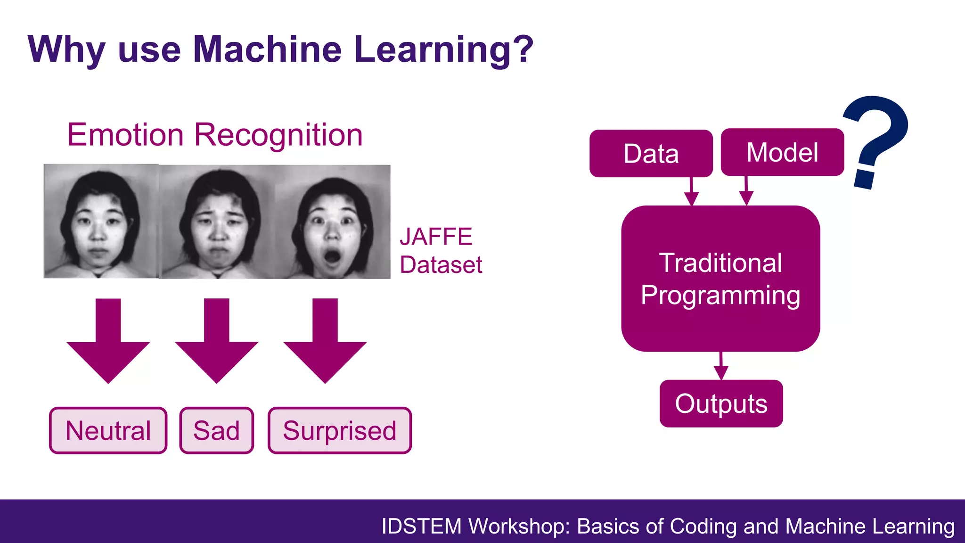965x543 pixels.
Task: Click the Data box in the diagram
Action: tap(651, 154)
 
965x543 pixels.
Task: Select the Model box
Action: tap(782, 152)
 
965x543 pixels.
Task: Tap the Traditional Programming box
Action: tap(720, 279)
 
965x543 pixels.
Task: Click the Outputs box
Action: tap(721, 403)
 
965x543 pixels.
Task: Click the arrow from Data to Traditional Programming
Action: tap(691, 192)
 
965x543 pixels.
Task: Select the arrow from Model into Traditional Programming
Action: tap(746, 191)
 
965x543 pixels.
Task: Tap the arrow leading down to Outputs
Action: tap(721, 366)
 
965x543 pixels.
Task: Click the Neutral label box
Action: tap(108, 430)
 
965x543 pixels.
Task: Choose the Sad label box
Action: tap(216, 430)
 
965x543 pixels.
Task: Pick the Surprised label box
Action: tap(339, 430)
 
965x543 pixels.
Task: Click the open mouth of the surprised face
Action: tap(332, 257)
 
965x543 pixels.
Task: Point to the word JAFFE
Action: tap(436, 237)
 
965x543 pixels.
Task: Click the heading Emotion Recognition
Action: tap(215, 135)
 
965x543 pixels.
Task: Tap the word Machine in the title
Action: tap(267, 49)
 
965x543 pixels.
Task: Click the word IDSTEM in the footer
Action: tap(421, 526)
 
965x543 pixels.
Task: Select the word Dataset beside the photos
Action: tap(441, 264)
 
